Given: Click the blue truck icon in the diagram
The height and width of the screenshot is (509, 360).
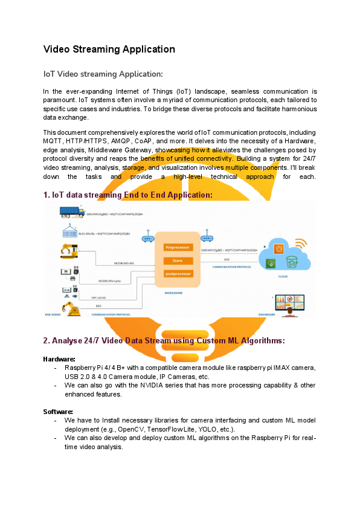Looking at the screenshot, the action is point(72,212).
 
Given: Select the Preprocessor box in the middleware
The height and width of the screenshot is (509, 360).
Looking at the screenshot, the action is point(178,247).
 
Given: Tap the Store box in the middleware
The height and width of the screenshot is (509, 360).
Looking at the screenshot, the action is point(178,261).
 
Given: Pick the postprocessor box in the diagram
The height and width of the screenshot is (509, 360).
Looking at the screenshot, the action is point(178,274).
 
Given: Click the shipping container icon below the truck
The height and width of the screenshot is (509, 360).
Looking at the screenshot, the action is point(69,232).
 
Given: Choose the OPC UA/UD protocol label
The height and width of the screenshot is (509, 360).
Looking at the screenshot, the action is point(98,297).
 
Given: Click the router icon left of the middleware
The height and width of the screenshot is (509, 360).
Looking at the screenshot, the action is point(148,238).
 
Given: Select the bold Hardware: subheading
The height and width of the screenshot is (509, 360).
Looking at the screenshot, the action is point(59,359).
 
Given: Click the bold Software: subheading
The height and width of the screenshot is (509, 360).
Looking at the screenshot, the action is point(58,412).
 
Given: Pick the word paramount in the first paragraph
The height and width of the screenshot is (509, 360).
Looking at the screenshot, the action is point(60,100).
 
